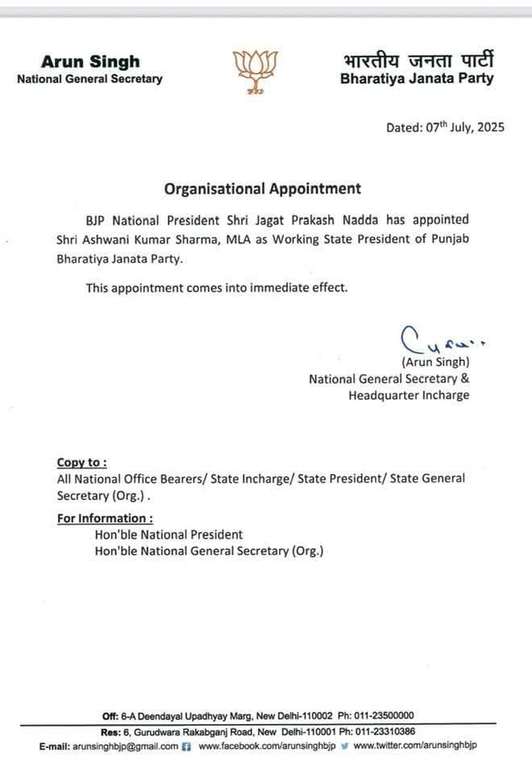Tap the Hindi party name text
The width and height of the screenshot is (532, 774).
click(418, 60)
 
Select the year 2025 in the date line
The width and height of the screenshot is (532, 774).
click(488, 127)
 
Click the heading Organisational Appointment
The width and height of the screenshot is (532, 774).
click(263, 189)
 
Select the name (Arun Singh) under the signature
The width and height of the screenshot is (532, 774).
click(434, 362)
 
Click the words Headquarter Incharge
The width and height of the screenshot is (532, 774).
click(409, 395)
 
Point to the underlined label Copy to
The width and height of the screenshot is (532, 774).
click(81, 462)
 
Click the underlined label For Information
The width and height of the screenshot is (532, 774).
click(105, 518)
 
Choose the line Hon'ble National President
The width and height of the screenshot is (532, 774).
click(168, 535)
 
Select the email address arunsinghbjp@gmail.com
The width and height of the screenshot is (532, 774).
click(125, 747)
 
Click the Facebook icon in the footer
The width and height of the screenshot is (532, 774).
click(187, 747)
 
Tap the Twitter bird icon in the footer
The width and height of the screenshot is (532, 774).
click(343, 747)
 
